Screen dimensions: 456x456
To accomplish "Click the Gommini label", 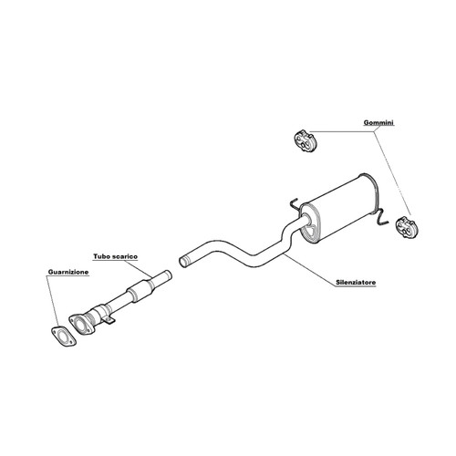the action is click(378, 123).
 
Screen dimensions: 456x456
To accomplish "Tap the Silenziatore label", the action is click(356, 283).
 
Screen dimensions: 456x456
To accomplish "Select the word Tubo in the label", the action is click(101, 256).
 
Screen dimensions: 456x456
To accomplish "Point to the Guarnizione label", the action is click(68, 272).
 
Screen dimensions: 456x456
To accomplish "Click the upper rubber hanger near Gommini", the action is click(304, 140).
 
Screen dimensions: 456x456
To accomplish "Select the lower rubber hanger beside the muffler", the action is click(407, 227).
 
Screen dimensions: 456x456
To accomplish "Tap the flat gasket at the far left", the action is click(63, 337).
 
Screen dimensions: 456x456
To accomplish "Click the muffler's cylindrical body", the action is click(339, 207).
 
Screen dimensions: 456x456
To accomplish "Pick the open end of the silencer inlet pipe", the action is click(183, 262).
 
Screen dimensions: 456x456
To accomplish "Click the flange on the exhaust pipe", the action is click(81, 325).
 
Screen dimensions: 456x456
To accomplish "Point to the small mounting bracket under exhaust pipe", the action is click(109, 320).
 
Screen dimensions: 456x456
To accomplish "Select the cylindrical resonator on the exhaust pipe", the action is click(140, 291).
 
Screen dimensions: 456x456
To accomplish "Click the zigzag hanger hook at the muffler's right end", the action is click(382, 218).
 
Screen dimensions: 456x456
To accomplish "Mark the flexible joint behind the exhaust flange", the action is click(98, 315).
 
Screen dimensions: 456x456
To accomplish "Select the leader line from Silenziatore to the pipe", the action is click(307, 268).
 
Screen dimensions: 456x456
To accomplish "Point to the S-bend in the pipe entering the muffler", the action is click(288, 234).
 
